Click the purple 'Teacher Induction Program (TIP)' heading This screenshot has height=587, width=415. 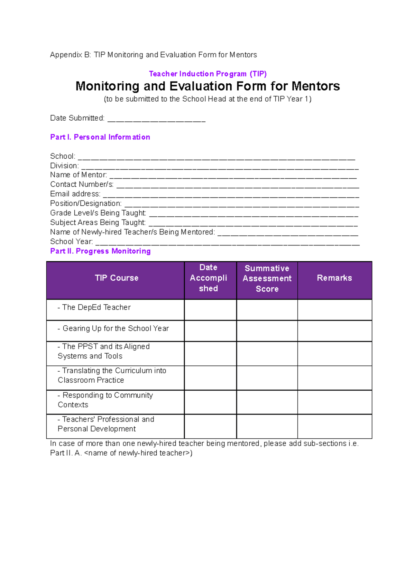[207, 74]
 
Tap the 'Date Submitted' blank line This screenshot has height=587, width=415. [156, 119]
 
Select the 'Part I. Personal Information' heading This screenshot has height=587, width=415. [100, 137]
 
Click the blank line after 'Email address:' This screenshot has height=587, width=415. [231, 195]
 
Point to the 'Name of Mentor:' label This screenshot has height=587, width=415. [79, 175]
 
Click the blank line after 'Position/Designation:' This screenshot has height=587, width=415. [241, 204]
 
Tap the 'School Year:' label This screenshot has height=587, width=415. [71, 242]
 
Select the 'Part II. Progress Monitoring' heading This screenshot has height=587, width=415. [100, 251]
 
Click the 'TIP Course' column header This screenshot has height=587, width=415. [117, 278]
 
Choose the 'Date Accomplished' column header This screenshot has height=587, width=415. [209, 278]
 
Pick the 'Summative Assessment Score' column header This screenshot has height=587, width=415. [267, 279]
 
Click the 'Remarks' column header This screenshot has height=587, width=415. [334, 278]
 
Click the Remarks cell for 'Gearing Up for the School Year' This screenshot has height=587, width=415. [334, 331]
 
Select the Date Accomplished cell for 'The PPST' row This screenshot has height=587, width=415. [210, 354]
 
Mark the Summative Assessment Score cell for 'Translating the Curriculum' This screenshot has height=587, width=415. [267, 378]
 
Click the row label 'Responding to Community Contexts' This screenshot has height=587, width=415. [105, 400]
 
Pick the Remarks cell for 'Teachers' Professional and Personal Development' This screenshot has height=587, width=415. [334, 426]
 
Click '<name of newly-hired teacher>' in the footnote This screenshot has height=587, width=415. [138, 453]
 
